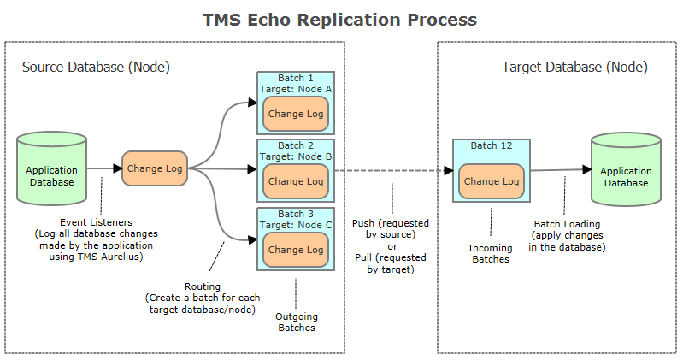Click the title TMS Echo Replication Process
[340, 19]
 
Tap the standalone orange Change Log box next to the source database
[154, 168]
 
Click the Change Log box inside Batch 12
[492, 181]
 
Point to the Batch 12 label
[492, 145]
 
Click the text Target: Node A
[296, 89]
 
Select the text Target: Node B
[296, 156]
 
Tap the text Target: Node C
[296, 225]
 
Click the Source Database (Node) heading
[95, 67]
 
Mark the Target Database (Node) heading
[574, 67]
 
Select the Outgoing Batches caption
[296, 322]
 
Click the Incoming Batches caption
[492, 252]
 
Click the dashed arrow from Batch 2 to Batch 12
[393, 170]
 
